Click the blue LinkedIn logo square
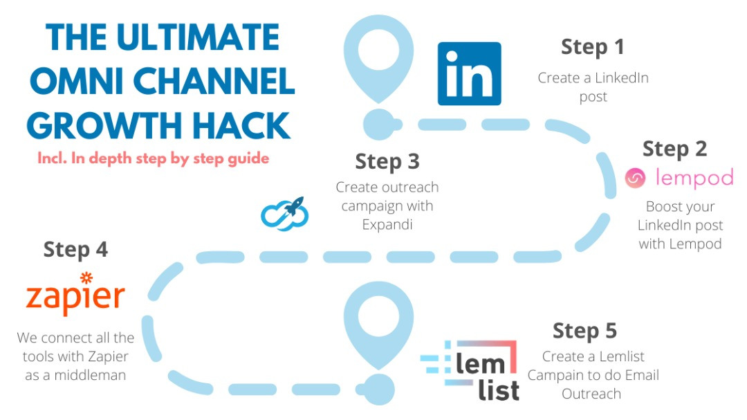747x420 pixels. point(469,73)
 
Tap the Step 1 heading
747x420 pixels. point(592,47)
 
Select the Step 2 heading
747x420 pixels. point(674,149)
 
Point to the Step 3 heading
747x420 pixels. point(387,161)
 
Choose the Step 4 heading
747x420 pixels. point(75,249)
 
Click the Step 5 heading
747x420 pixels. point(584,330)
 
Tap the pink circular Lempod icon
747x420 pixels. point(634,178)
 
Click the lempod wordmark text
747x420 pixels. point(694,178)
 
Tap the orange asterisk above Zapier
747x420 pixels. point(86,278)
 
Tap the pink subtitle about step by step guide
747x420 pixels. point(153,158)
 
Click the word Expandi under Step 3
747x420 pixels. point(387,225)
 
